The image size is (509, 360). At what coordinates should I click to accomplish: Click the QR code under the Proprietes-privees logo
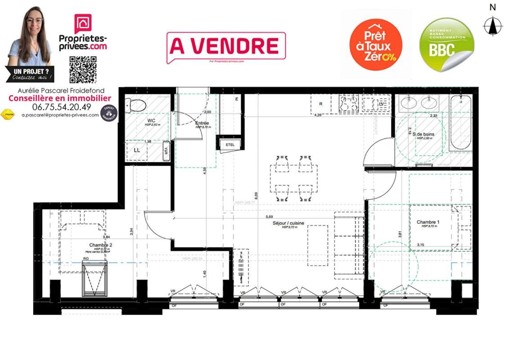coord(83,69)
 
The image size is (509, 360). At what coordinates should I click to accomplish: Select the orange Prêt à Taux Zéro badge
coord(375,45)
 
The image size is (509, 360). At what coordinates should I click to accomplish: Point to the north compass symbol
coord(493,25)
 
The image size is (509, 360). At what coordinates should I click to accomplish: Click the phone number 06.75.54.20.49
coord(62,107)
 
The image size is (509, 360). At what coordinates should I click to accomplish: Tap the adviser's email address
coord(60,115)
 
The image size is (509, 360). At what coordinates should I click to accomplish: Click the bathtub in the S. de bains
coord(460,122)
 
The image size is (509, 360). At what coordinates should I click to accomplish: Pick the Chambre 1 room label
coord(428,222)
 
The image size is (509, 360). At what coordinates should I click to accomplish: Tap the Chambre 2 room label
coord(100,245)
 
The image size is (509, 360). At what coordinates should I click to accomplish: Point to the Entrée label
coord(202,123)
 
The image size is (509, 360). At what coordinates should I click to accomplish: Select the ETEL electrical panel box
coord(230,144)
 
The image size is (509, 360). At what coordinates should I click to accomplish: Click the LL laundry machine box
coord(137,150)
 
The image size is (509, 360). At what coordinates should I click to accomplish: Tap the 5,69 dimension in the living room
coord(269,216)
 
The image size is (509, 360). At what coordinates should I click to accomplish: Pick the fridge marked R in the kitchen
coord(321,104)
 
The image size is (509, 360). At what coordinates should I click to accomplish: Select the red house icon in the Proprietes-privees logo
coord(83,23)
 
